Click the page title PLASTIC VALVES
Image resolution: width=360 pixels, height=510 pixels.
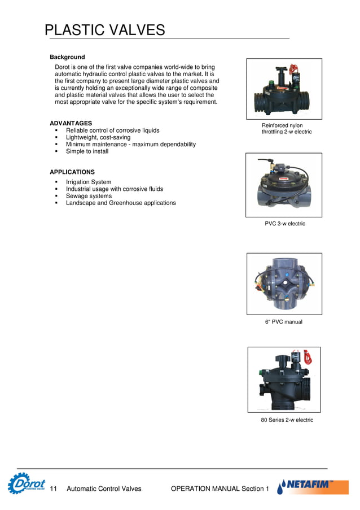tap(104, 29)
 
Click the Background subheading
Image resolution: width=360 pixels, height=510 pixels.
tap(67, 57)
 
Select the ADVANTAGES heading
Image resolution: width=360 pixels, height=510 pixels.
tap(71, 123)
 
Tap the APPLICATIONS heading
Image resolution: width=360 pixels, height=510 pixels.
tap(72, 172)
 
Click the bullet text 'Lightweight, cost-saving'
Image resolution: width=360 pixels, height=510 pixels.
tap(98, 137)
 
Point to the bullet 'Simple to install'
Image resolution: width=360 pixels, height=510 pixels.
tap(87, 151)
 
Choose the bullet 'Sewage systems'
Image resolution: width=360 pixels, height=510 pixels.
tap(89, 196)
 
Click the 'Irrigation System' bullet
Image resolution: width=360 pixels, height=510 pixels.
tap(89, 182)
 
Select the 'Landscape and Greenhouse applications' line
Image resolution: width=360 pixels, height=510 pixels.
tap(121, 203)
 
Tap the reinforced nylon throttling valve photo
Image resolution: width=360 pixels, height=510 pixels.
tap(284, 89)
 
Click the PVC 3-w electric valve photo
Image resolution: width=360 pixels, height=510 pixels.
tap(284, 185)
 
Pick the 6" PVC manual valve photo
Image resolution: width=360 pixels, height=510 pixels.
tap(284, 284)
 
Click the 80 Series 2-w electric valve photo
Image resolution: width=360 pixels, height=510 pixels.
tap(284, 379)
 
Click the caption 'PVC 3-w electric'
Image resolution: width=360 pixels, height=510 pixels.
tap(285, 224)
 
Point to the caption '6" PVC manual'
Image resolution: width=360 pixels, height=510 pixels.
tap(284, 322)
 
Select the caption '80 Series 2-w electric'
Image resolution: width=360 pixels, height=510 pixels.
tap(287, 420)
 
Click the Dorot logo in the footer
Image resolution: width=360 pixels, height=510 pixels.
tap(27, 484)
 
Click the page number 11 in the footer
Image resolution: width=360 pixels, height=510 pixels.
tap(54, 489)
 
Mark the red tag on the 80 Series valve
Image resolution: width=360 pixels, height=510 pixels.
tap(308, 356)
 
